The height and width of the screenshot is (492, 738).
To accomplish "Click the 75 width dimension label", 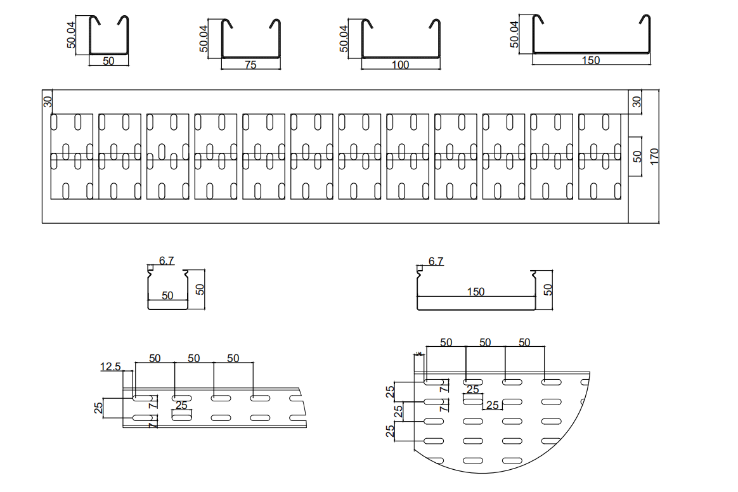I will [x=250, y=65].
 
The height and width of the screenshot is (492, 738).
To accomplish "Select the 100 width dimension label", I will [x=401, y=65].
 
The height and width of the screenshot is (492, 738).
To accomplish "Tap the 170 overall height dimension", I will [x=655, y=156].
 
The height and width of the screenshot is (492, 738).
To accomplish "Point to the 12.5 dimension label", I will [x=110, y=366].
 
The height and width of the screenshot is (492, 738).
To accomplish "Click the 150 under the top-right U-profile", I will [x=590, y=60].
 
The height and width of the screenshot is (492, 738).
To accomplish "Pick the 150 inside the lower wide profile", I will [x=476, y=292].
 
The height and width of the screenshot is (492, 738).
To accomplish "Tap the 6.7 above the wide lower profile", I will [x=436, y=261].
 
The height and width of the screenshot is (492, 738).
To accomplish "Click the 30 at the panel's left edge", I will [x=47, y=102].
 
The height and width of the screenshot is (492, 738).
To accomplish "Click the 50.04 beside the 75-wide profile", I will [x=204, y=39].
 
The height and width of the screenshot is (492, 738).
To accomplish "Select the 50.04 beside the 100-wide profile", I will [x=344, y=39].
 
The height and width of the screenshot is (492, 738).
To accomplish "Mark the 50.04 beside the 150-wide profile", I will [x=514, y=34].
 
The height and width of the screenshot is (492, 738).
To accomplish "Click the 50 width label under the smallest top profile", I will [x=108, y=61].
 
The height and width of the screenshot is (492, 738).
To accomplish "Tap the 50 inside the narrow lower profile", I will [x=167, y=295].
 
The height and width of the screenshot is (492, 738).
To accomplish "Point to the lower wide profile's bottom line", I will [x=476, y=309].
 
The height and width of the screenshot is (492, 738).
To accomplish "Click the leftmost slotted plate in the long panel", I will [x=72, y=157].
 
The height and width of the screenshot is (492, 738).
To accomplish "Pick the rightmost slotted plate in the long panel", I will [x=600, y=157].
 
